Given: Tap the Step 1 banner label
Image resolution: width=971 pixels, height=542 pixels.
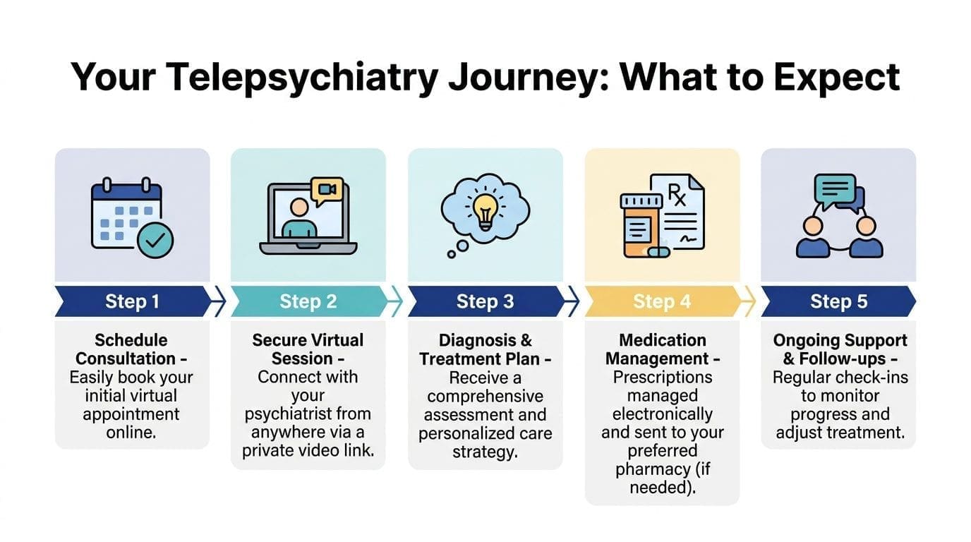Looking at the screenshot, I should [132, 302].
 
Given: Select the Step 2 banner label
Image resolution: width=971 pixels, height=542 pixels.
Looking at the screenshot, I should [308, 302].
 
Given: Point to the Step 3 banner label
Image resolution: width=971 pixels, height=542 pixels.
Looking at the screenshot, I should [485, 302].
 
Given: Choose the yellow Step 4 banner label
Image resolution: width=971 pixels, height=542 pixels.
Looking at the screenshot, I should [662, 302].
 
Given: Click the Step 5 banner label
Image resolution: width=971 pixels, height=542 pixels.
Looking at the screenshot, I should [838, 302].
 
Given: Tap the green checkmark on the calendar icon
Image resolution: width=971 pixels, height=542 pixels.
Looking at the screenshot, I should [155, 241].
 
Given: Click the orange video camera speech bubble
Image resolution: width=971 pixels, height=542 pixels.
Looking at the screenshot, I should [326, 189].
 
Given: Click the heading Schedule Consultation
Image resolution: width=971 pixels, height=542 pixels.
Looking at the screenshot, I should [132, 349].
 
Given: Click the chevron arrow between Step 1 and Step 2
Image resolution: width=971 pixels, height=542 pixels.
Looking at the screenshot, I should [219, 302].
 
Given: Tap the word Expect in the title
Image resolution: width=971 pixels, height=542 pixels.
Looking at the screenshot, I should [836, 78].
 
